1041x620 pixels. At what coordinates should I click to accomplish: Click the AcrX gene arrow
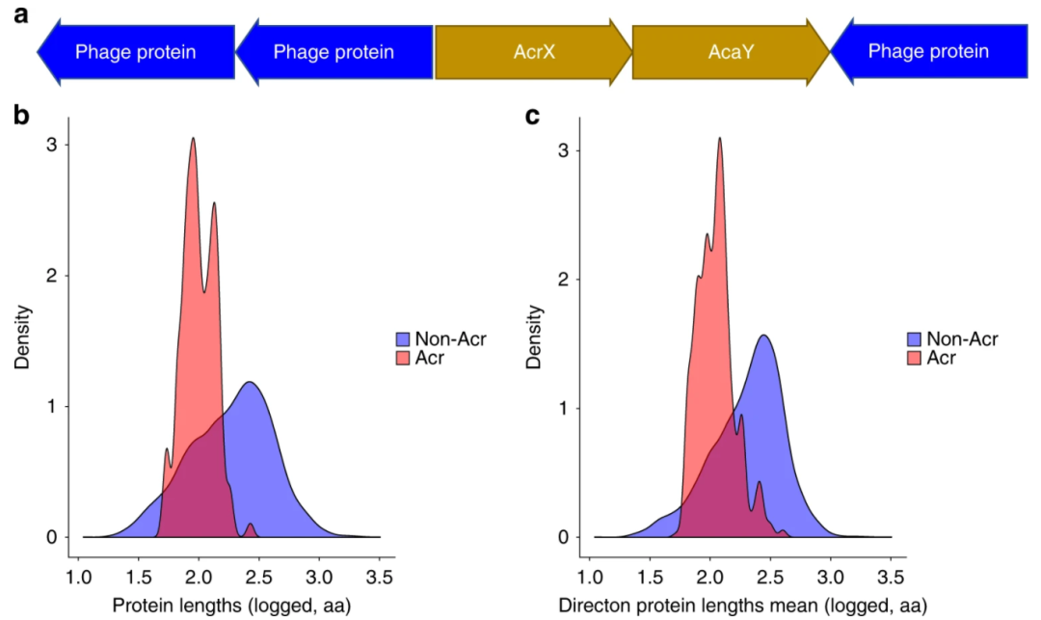[533, 51]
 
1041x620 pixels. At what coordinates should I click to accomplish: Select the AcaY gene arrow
[730, 51]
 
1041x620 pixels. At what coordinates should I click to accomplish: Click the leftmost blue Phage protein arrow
[136, 51]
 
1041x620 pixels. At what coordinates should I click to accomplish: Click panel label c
[532, 118]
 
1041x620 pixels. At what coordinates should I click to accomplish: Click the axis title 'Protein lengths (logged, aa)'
[230, 606]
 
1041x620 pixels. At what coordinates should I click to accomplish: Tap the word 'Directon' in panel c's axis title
[592, 606]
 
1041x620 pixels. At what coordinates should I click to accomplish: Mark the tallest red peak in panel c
[719, 139]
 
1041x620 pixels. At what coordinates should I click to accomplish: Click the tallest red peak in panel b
[193, 139]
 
